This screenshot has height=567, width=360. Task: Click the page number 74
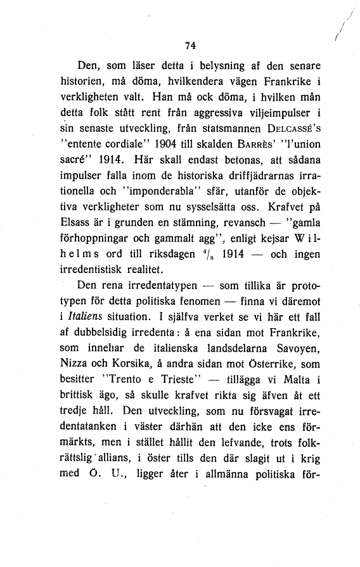[x=188, y=45]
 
